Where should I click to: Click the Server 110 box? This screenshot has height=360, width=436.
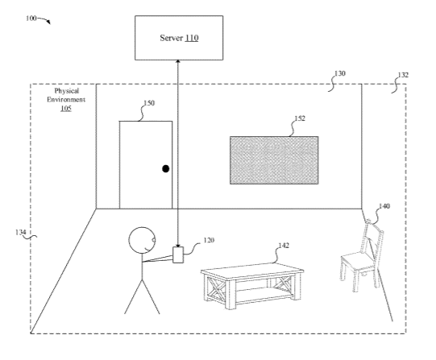(x=179, y=38)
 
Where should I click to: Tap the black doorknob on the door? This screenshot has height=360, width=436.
(x=166, y=168)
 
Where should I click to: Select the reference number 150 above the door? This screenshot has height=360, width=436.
(x=149, y=103)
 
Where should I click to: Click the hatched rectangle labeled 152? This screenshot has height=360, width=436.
(x=274, y=160)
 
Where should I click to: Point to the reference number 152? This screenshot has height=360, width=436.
(x=300, y=118)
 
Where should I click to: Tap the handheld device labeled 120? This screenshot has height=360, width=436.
(x=178, y=254)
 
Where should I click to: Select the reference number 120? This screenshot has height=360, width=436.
(x=209, y=240)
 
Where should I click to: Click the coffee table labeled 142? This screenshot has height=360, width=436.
(x=252, y=286)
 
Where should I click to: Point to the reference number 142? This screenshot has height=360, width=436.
(x=284, y=246)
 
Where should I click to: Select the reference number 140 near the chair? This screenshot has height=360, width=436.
(x=384, y=206)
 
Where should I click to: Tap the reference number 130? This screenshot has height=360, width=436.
(x=340, y=73)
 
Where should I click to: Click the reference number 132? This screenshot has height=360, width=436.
(x=403, y=75)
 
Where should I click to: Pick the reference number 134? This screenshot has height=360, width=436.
(x=21, y=232)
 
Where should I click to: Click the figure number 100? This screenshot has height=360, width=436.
(x=31, y=19)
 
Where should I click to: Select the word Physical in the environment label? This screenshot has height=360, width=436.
(x=67, y=91)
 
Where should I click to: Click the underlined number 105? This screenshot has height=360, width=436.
(x=66, y=109)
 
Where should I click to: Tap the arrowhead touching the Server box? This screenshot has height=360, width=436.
(x=178, y=61)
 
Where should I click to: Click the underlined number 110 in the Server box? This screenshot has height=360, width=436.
(x=192, y=38)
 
